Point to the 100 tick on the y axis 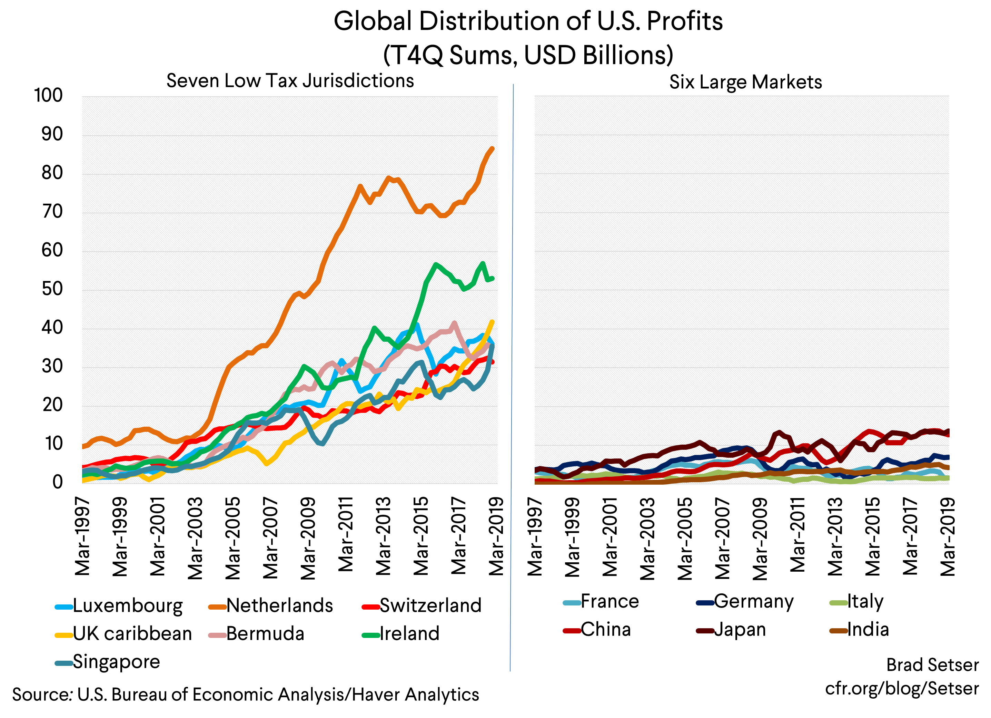point(49,95)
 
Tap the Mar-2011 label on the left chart point(346,534)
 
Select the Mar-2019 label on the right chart point(947,536)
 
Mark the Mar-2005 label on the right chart point(685,538)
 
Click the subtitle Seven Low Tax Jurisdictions point(290,81)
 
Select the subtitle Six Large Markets point(745,82)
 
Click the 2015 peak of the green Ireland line point(435,264)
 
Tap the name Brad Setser point(932,665)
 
